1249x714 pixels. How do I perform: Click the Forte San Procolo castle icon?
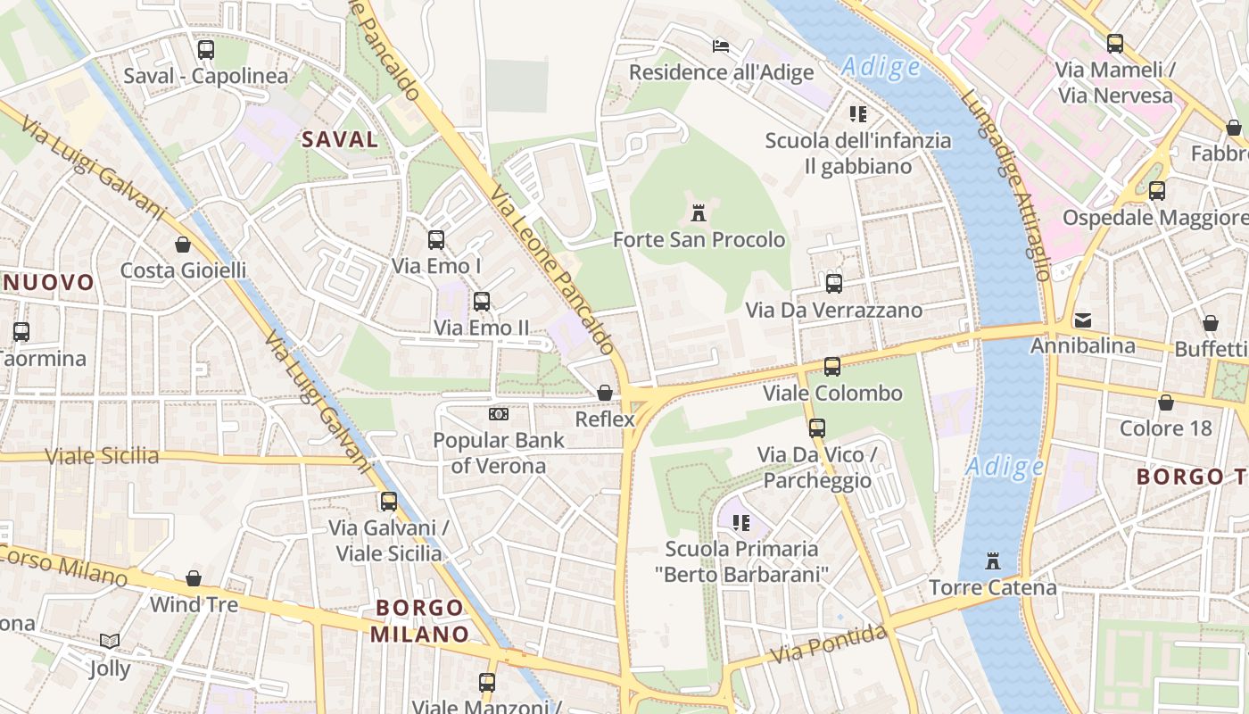[x=699, y=213]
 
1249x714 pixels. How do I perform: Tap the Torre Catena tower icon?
[x=992, y=561]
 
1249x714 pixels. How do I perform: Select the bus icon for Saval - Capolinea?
[x=206, y=50]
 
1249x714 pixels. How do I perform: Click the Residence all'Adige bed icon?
[x=721, y=46]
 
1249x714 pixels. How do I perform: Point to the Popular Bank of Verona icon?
[x=499, y=414]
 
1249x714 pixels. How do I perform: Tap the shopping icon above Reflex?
[x=605, y=393]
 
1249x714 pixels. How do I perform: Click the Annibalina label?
[x=1083, y=345]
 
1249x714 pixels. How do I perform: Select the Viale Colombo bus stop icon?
[x=832, y=367]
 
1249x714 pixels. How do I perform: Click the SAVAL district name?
[x=340, y=139]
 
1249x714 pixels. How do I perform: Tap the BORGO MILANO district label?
[x=419, y=621]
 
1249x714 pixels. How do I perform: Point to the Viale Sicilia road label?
[x=102, y=456]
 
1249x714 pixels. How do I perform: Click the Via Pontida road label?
[x=829, y=644]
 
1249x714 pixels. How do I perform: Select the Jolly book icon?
[x=110, y=642]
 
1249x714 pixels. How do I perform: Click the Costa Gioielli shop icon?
[x=183, y=245]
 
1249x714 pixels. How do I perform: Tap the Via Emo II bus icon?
[x=482, y=302]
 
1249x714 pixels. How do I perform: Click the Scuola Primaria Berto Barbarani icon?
[x=740, y=522]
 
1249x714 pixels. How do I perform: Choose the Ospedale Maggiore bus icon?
[x=1157, y=190]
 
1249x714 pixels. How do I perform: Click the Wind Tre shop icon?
[x=194, y=578]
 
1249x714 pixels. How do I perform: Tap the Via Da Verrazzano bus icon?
[x=834, y=284]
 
